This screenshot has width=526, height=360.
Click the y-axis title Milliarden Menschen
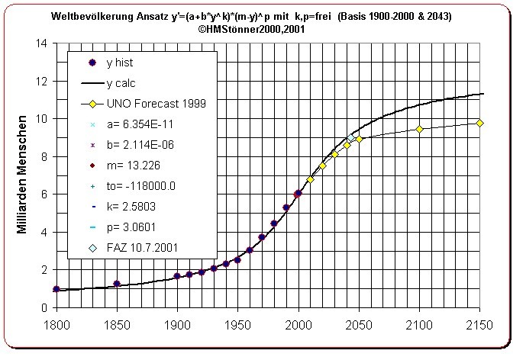pyautogui.click(x=24, y=175)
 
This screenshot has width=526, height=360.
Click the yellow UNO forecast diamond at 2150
pyautogui.click(x=479, y=123)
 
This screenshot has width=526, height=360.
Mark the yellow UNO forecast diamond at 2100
pyautogui.click(x=419, y=129)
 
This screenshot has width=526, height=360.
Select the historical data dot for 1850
pyautogui.click(x=117, y=284)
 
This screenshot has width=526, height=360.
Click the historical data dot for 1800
pyautogui.click(x=56, y=289)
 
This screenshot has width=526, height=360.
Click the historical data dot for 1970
pyautogui.click(x=262, y=237)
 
